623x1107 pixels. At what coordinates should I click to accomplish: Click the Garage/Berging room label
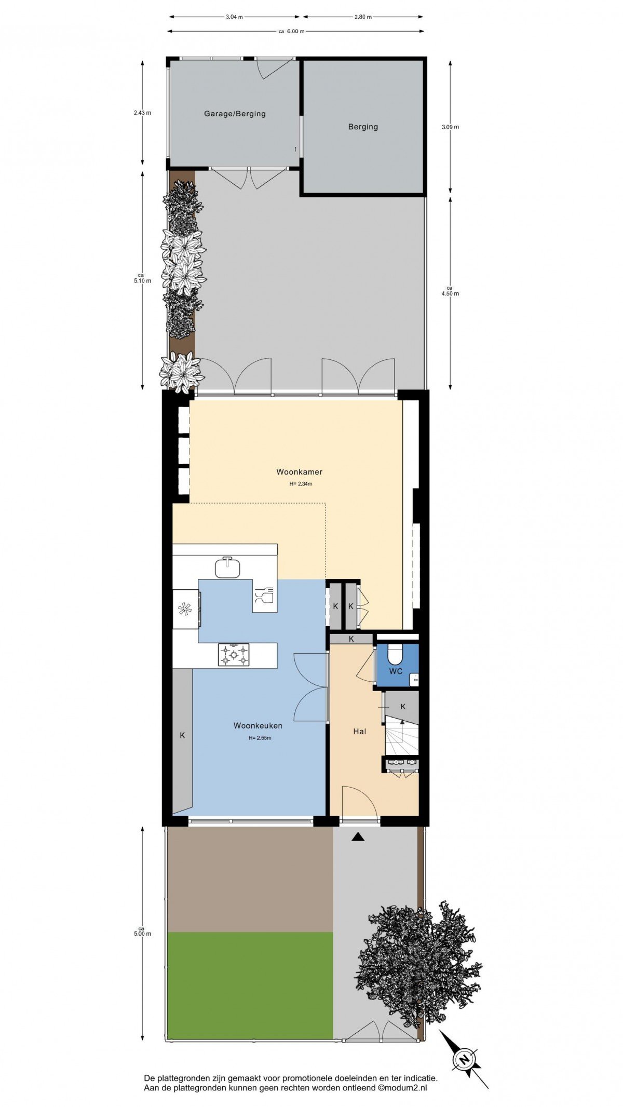click(x=235, y=114)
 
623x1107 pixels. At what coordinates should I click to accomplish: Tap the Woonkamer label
click(x=299, y=472)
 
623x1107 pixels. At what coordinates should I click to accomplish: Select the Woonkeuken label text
click(x=258, y=725)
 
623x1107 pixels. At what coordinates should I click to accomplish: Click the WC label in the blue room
click(x=396, y=671)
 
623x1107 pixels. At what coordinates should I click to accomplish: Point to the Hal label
click(x=359, y=731)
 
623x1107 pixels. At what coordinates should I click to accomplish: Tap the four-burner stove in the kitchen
click(x=233, y=655)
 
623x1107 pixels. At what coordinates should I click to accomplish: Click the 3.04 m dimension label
click(x=234, y=17)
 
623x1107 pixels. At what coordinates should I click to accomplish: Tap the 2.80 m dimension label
click(x=363, y=17)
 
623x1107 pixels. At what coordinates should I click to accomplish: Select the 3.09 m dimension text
click(x=450, y=127)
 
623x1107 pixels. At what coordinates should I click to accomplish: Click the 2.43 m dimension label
click(x=142, y=113)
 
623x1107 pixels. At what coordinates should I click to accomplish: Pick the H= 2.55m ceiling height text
click(x=260, y=738)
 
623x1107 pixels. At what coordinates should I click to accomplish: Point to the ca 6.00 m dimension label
click(x=291, y=31)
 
